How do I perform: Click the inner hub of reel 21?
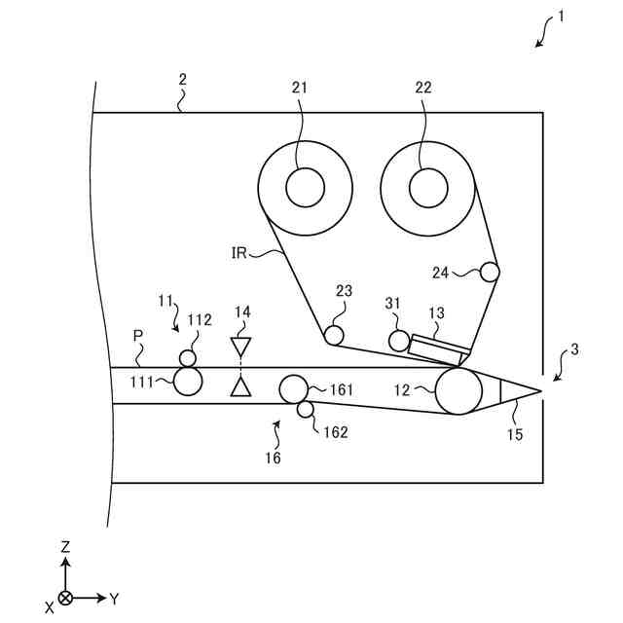click(x=305, y=187)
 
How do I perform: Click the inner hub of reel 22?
click(x=427, y=187)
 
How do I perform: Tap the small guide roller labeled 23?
click(x=334, y=336)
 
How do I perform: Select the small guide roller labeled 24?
click(x=490, y=273)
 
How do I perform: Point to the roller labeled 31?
click(x=398, y=341)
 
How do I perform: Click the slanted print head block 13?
click(x=439, y=348)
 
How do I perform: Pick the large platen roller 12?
click(x=458, y=391)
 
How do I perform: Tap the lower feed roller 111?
click(x=188, y=382)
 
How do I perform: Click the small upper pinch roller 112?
click(x=188, y=358)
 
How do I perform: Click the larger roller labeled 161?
click(x=294, y=388)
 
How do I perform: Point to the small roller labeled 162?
click(x=306, y=410)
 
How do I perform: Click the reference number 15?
click(x=515, y=434)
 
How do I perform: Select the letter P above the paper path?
click(x=138, y=335)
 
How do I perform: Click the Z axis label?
click(x=65, y=547)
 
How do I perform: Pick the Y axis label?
click(x=114, y=598)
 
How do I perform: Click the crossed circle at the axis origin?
click(x=65, y=598)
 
